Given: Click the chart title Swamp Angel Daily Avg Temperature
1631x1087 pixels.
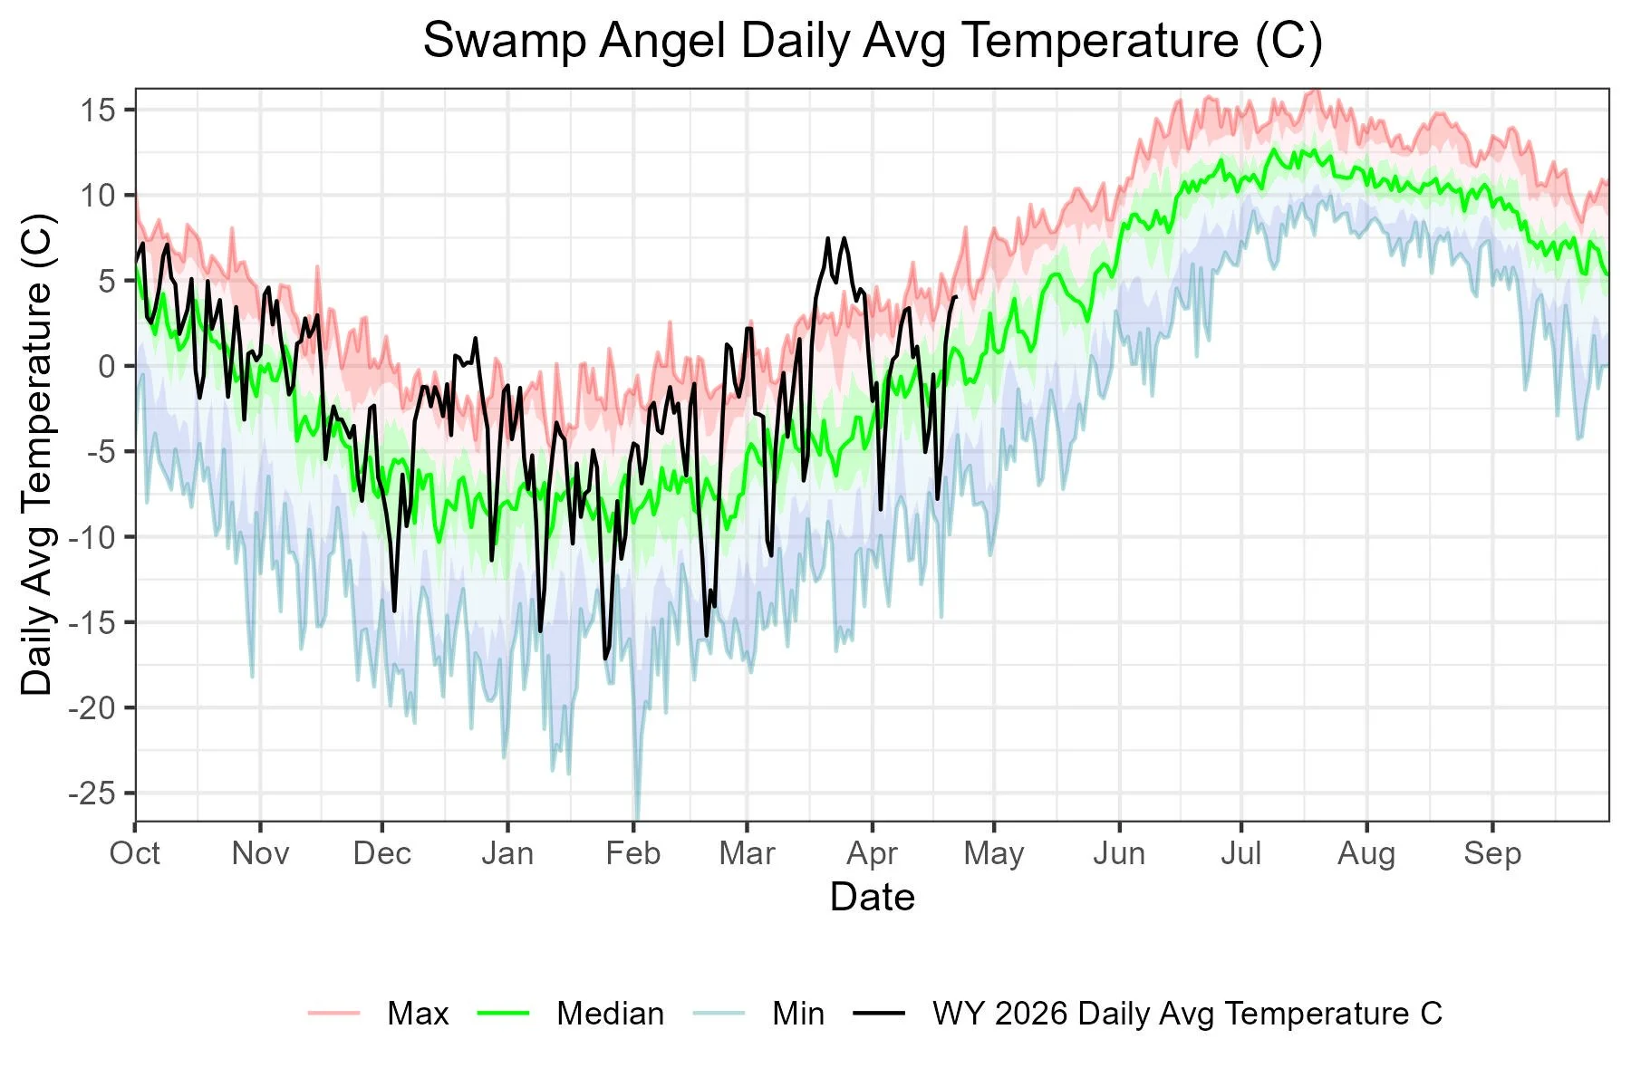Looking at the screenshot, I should (x=872, y=41).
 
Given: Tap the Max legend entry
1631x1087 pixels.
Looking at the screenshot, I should (x=417, y=1013).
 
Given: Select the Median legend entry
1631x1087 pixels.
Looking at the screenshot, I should (x=610, y=1013).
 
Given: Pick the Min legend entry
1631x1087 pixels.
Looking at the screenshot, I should (x=797, y=1013).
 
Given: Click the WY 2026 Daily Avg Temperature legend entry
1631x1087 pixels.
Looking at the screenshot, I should (x=1186, y=1013).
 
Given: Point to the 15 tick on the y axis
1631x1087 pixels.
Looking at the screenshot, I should (x=98, y=111).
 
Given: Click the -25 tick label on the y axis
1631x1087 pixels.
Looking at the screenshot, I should (x=92, y=793).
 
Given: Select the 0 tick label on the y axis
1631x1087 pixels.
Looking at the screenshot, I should (x=107, y=366).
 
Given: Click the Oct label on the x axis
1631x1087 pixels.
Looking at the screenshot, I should (x=135, y=853).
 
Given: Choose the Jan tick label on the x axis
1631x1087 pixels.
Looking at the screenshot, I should (x=507, y=853).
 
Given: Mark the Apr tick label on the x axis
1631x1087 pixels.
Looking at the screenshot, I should (x=872, y=853).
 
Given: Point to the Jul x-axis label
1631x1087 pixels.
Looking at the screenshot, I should (x=1240, y=853).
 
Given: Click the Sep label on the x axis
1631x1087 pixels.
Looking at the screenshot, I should (x=1491, y=853).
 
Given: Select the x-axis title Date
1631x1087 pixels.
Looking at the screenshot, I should (x=872, y=897).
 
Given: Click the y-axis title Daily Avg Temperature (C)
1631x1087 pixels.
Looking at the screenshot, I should (x=38, y=455).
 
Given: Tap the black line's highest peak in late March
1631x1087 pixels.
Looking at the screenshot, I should (x=828, y=238).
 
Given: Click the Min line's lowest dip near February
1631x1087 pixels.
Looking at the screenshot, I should (x=637, y=818).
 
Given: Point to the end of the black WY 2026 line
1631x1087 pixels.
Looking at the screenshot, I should (x=956, y=297).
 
